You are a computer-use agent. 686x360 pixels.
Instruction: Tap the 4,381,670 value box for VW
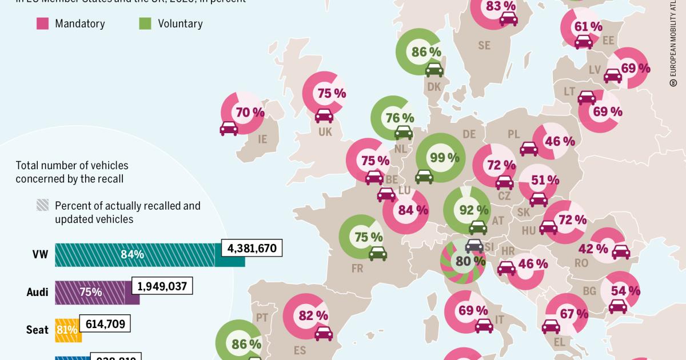pyautogui.click(x=252, y=249)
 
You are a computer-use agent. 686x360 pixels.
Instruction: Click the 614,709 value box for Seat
pyautogui.click(x=106, y=323)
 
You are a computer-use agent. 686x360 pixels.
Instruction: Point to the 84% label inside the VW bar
pyautogui.click(x=132, y=255)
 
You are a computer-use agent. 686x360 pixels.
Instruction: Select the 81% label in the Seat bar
pyautogui.click(x=63, y=330)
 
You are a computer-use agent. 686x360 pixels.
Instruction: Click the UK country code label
pyautogui.click(x=325, y=132)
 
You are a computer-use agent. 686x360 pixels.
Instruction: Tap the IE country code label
pyautogui.click(x=263, y=139)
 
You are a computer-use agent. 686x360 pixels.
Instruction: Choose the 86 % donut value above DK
pyautogui.click(x=426, y=51)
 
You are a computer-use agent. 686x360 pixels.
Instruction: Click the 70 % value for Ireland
pyautogui.click(x=250, y=113)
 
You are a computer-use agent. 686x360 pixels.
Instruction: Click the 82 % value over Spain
pyautogui.click(x=313, y=315)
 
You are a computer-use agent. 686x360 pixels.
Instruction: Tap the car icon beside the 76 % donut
pyautogui.click(x=404, y=133)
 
